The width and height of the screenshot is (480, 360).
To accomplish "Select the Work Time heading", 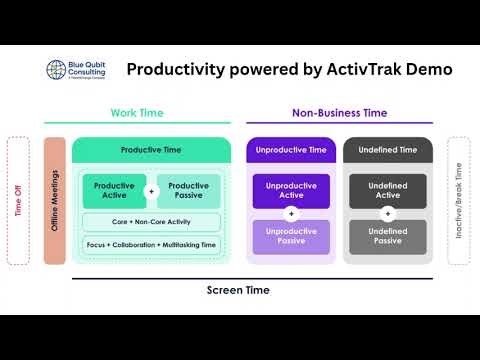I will coord(136,113).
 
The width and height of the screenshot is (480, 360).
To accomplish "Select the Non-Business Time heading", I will coord(339,113).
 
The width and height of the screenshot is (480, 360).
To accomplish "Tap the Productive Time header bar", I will coord(152,150).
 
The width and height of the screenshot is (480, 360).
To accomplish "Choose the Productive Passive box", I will coord(188,190).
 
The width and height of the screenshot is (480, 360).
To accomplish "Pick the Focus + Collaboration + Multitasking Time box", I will coord(152,244).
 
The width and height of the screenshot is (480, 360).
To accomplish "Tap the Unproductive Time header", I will coord(291,150).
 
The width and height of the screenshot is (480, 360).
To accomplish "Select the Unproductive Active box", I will coord(291,190).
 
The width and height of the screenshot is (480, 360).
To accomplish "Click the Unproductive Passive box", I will coord(291,237).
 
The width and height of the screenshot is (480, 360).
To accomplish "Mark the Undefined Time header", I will coord(387,150).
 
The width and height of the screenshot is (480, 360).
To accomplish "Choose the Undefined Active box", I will coord(387,190).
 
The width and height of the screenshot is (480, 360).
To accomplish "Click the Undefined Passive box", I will coord(387,237).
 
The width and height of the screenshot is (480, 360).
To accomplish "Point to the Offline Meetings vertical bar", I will coord(55,201).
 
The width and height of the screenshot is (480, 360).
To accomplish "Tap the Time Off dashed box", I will coord(18,201).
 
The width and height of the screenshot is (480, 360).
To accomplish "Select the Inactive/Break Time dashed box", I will coord(458,201).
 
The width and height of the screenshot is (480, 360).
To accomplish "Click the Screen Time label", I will coord(238,290).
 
